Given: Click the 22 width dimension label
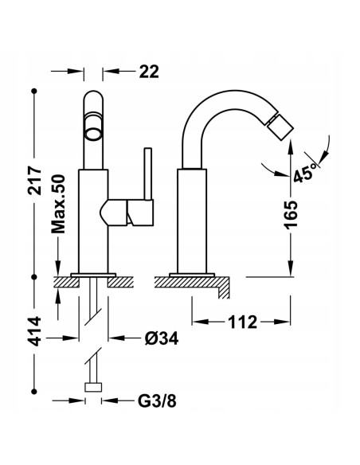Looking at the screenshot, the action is (x=149, y=72).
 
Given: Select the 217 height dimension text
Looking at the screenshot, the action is (x=35, y=181).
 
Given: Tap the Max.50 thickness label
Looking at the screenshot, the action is (x=58, y=205).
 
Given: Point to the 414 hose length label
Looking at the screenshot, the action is (x=35, y=331).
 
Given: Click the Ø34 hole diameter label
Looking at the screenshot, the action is (x=162, y=338).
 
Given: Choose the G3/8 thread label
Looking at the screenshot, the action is (x=157, y=401).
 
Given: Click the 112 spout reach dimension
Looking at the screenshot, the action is (x=242, y=322).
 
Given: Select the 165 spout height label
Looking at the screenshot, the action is (x=291, y=215).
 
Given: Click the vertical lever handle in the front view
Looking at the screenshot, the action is (x=148, y=174).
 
